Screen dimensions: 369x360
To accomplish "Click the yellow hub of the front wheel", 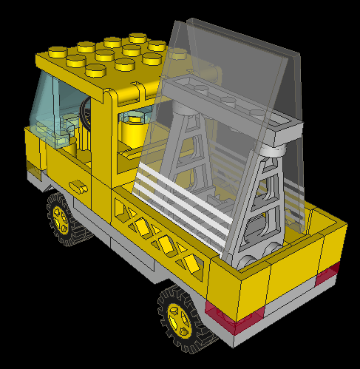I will click(x=60, y=216).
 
